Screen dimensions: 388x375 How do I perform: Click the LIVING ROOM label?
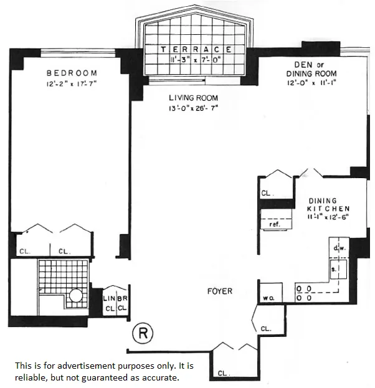tap(193, 98)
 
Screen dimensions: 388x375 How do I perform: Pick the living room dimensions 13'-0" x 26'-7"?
tap(193, 108)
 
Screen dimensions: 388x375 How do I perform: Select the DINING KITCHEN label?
tap(329, 205)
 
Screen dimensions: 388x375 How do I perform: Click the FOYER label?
tap(220, 291)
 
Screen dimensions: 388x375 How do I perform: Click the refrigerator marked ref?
tap(274, 223)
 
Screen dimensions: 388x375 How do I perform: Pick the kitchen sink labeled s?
tap(335, 269)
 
